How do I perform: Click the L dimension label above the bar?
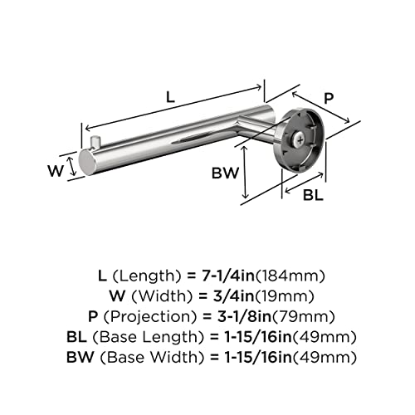coord(171,97)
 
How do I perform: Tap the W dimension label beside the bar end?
coord(56,170)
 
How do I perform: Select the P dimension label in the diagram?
coord(329,98)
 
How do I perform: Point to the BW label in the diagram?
coord(225,173)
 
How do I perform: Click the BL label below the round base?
coord(313,195)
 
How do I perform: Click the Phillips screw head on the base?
coord(300,140)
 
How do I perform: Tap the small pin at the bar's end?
coord(95,142)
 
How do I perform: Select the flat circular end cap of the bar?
coord(86,163)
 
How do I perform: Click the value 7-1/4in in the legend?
coord(227,276)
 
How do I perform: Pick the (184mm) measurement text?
coord(290,276)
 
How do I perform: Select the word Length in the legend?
coord(147,276)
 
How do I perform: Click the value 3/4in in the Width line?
coord(233,296)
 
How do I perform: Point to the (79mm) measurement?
coord(304,317)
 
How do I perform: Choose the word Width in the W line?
coord(162,296)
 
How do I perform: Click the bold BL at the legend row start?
coord(76,337)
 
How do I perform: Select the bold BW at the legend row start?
coord(81,358)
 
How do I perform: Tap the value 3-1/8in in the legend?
coord(244,317)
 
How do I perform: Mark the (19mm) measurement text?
coord(285,296)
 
